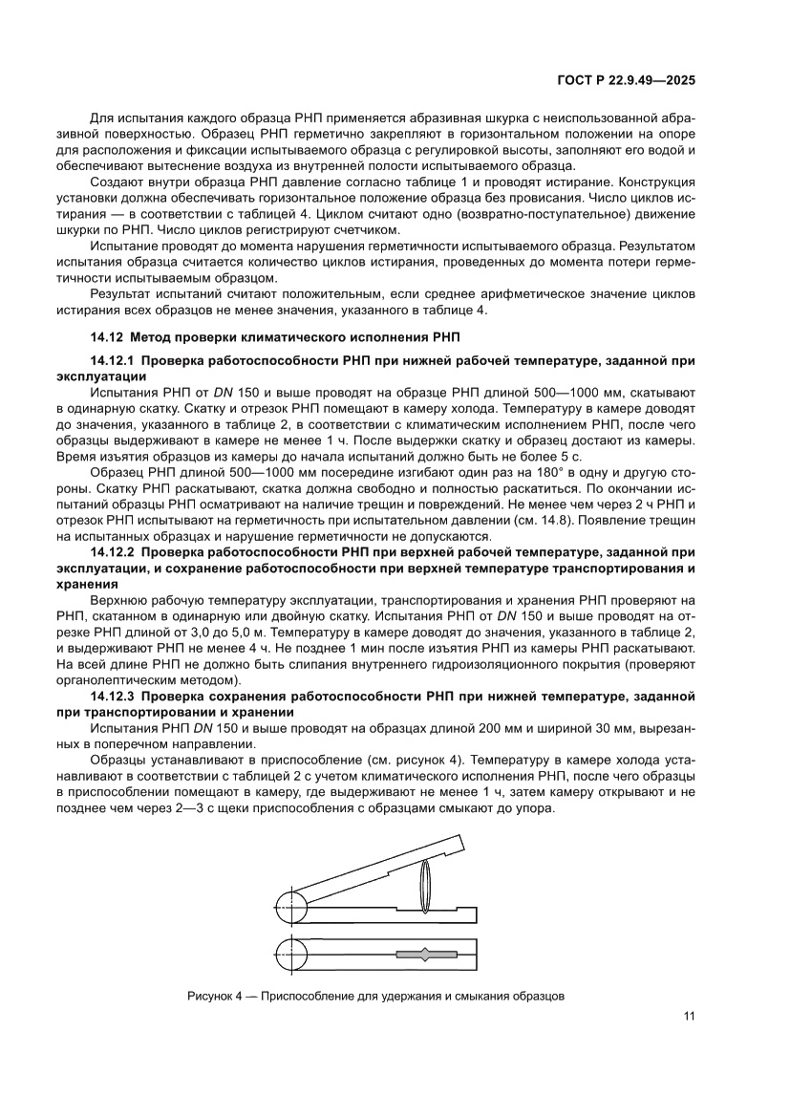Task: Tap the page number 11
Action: click(x=688, y=1016)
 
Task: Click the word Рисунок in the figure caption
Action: click(x=210, y=995)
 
